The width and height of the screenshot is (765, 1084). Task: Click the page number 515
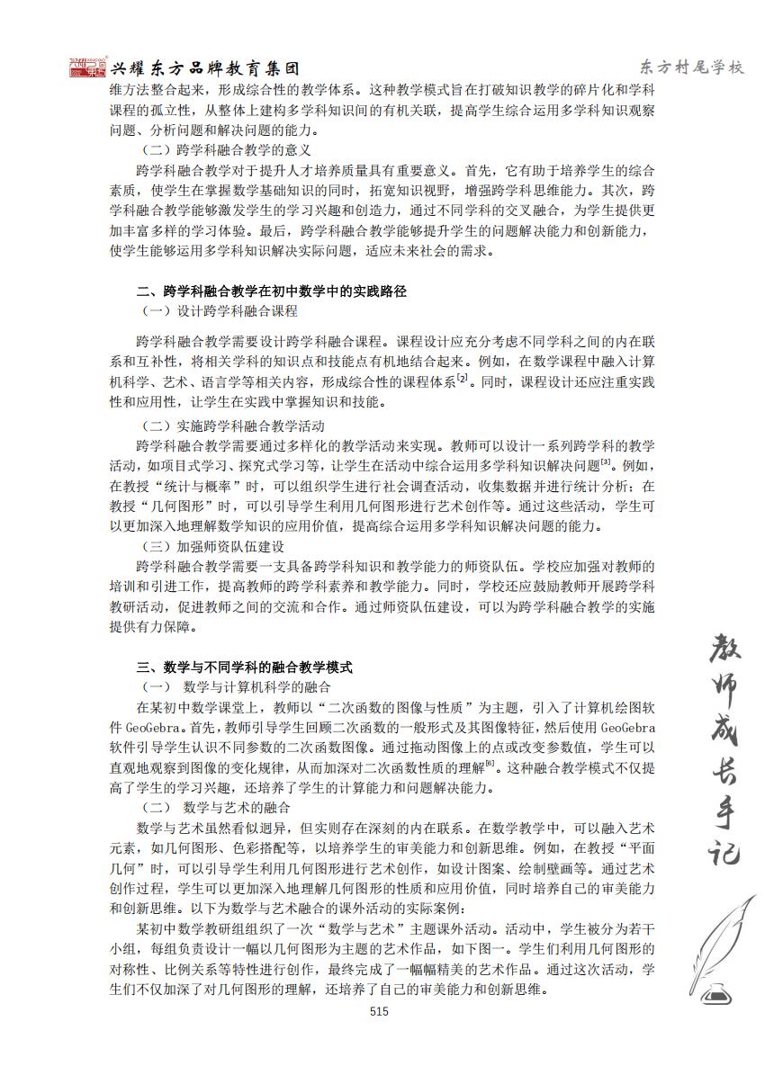[x=378, y=1011]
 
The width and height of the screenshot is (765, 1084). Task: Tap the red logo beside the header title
[x=88, y=67]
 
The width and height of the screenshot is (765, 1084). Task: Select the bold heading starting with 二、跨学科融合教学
[x=271, y=291]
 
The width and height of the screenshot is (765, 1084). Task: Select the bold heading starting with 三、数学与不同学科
[x=244, y=667]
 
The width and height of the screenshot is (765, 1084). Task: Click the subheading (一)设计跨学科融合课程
[x=220, y=311]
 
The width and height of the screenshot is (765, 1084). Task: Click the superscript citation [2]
[x=463, y=379]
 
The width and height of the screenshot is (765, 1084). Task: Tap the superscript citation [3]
[x=606, y=462]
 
